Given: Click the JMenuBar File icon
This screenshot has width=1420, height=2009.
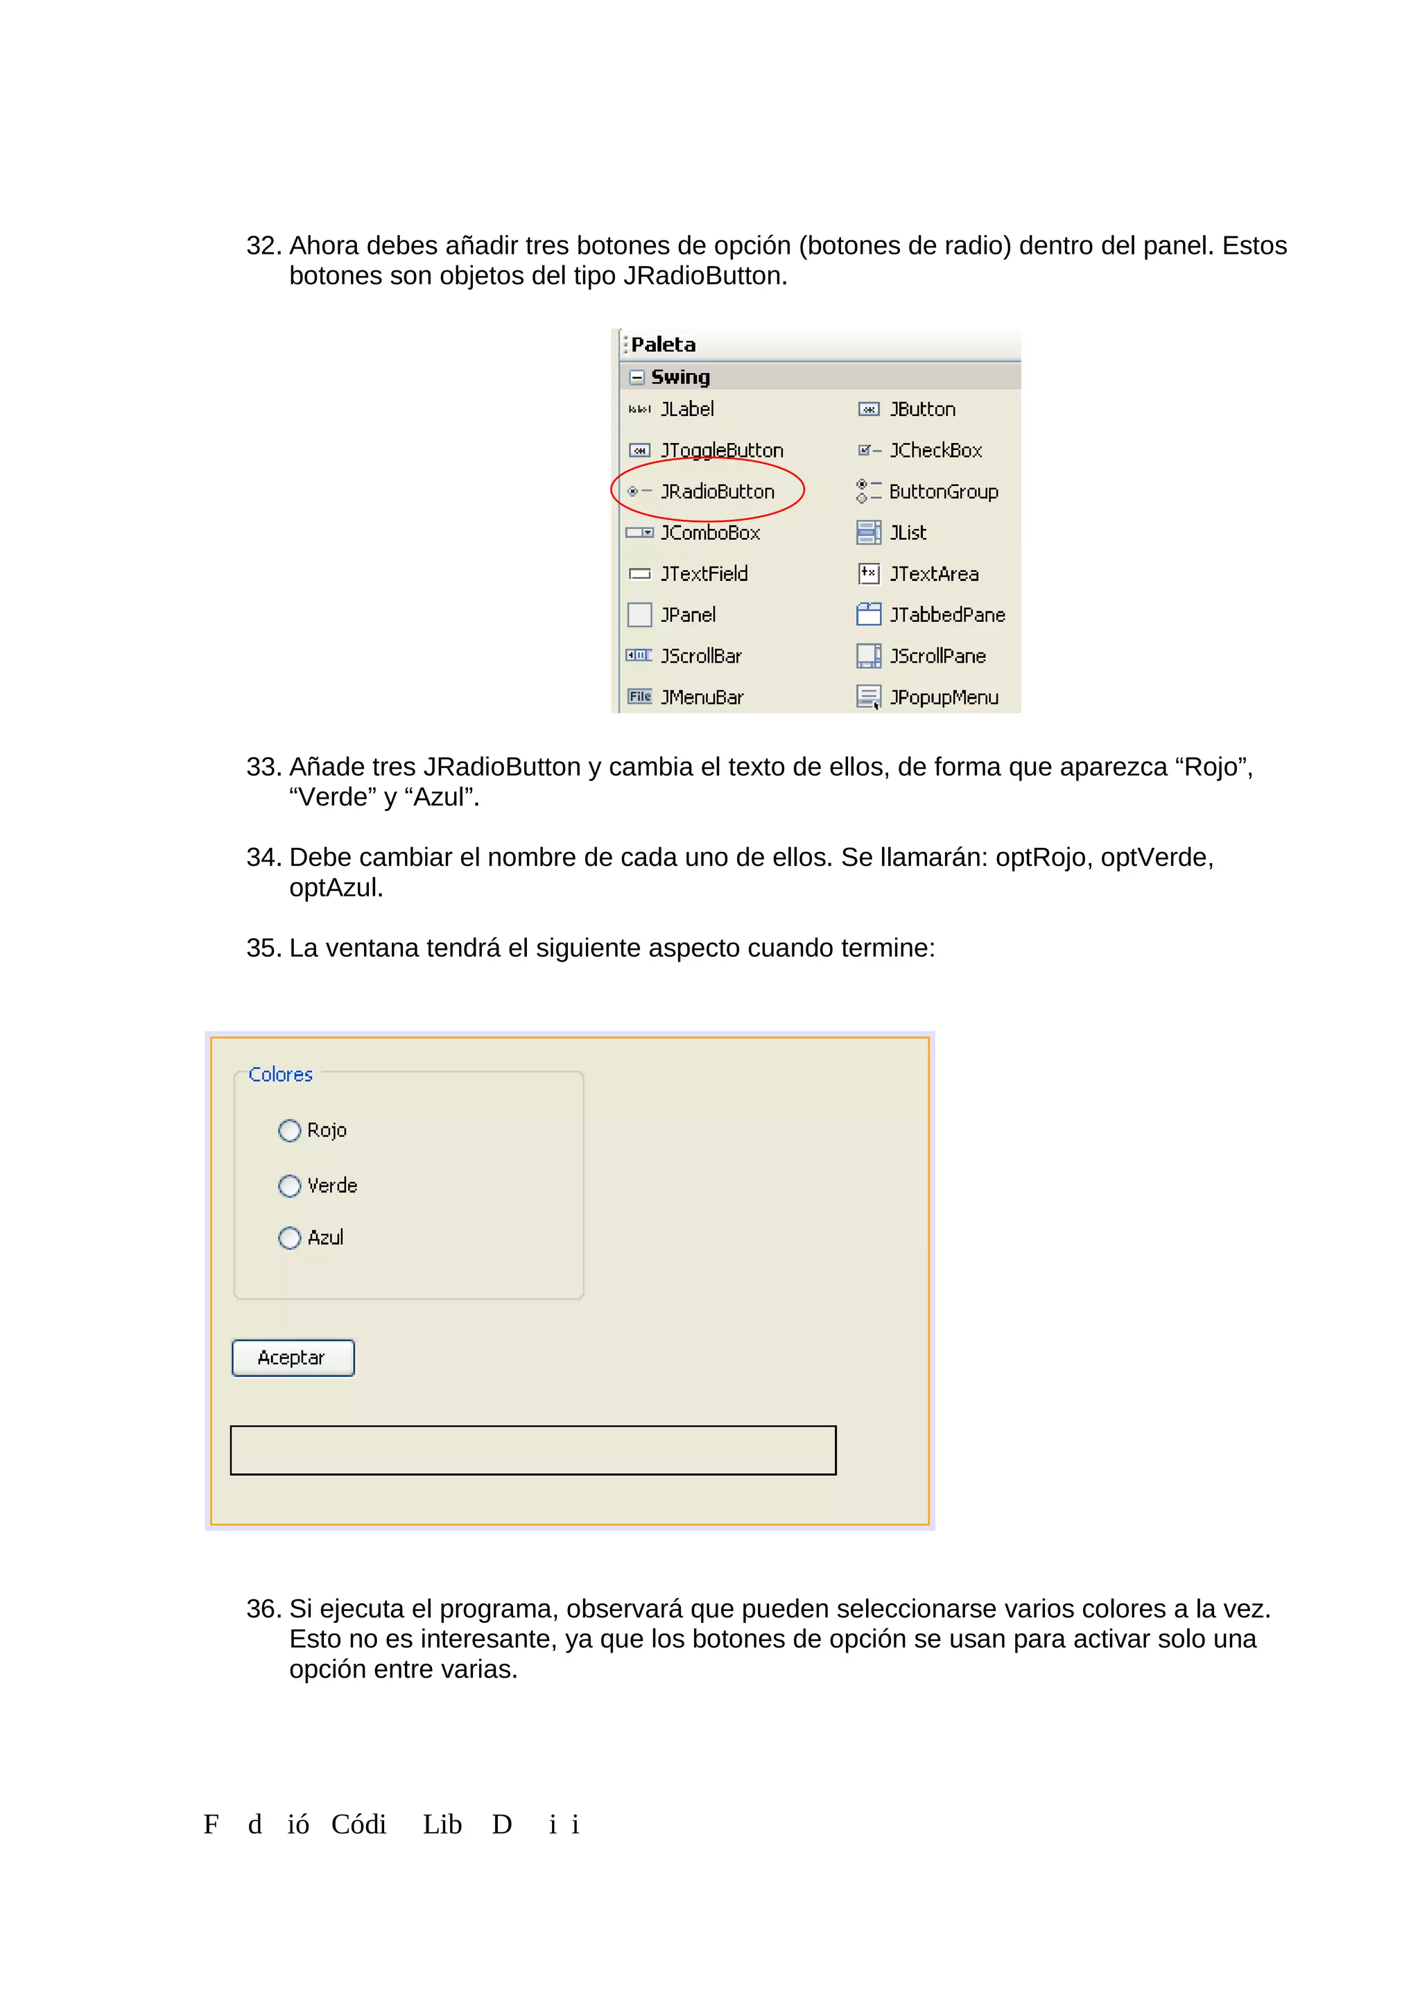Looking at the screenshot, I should (x=639, y=697).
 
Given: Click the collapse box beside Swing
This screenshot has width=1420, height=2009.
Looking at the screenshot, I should (x=637, y=377).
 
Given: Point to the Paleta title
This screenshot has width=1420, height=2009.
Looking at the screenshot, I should (x=663, y=345).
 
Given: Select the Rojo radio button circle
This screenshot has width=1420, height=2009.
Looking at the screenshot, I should (x=290, y=1131).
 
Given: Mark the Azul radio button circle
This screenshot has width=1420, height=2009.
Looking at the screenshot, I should (x=290, y=1238).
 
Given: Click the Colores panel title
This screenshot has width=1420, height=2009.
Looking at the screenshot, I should (x=280, y=1075).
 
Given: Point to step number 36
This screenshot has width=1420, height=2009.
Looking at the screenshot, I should (x=263, y=1608).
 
